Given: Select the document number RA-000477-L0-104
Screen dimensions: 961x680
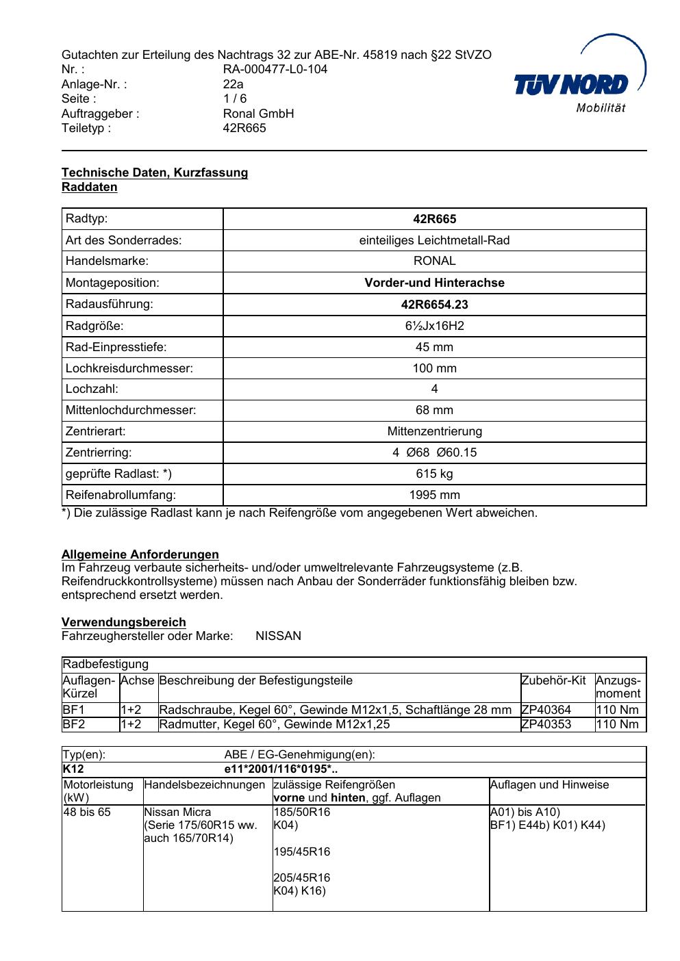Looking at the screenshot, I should pos(275,69).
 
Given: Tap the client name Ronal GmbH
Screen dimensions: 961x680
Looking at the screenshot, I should pos(258,114).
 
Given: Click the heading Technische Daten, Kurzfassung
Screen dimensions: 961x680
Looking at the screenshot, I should pos(155,172).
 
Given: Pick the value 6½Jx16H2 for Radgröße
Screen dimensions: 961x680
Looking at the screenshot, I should pos(434,326).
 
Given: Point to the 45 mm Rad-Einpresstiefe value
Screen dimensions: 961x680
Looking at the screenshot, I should pos(434,347).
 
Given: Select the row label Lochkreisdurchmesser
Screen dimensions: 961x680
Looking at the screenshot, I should pos(129,368).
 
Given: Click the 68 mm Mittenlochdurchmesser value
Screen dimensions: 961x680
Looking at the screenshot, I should pos(434,410).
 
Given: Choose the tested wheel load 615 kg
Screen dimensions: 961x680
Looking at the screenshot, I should pos(434,474).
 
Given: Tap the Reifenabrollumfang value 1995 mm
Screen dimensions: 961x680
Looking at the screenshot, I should pos(434,495).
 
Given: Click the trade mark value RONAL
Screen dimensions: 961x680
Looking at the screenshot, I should pos(434,261).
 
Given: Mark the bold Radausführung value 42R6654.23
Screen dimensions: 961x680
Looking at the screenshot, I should pos(434,305).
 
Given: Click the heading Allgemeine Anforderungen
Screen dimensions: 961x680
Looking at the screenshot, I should pos(140,554).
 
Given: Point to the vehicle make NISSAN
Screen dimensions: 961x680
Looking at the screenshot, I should pos(278,636).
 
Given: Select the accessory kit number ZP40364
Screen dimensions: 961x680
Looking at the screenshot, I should pos(546,710).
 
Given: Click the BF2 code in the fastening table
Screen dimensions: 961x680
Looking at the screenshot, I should pos(73,724).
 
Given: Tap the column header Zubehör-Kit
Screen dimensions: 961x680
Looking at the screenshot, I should pos(553,680).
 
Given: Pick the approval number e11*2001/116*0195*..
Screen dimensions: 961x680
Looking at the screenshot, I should pos(281,770).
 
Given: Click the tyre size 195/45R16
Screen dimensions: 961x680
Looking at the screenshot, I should pos(302,851).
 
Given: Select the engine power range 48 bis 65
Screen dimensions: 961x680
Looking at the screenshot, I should pos(87,812).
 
